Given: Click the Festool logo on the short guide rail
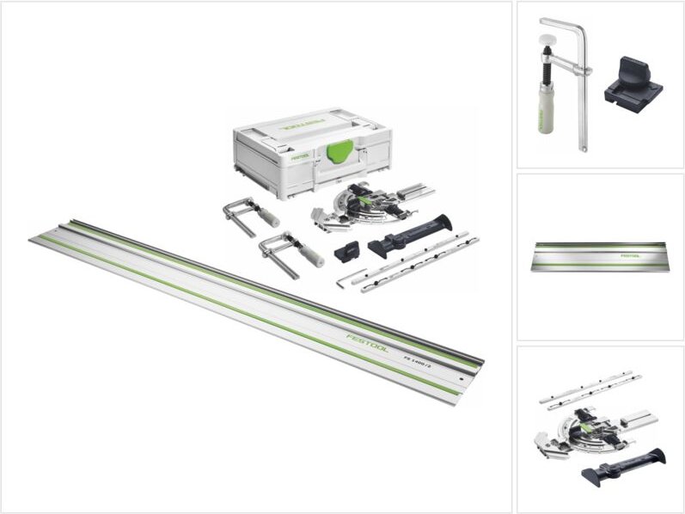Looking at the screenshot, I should tap(631, 254).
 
